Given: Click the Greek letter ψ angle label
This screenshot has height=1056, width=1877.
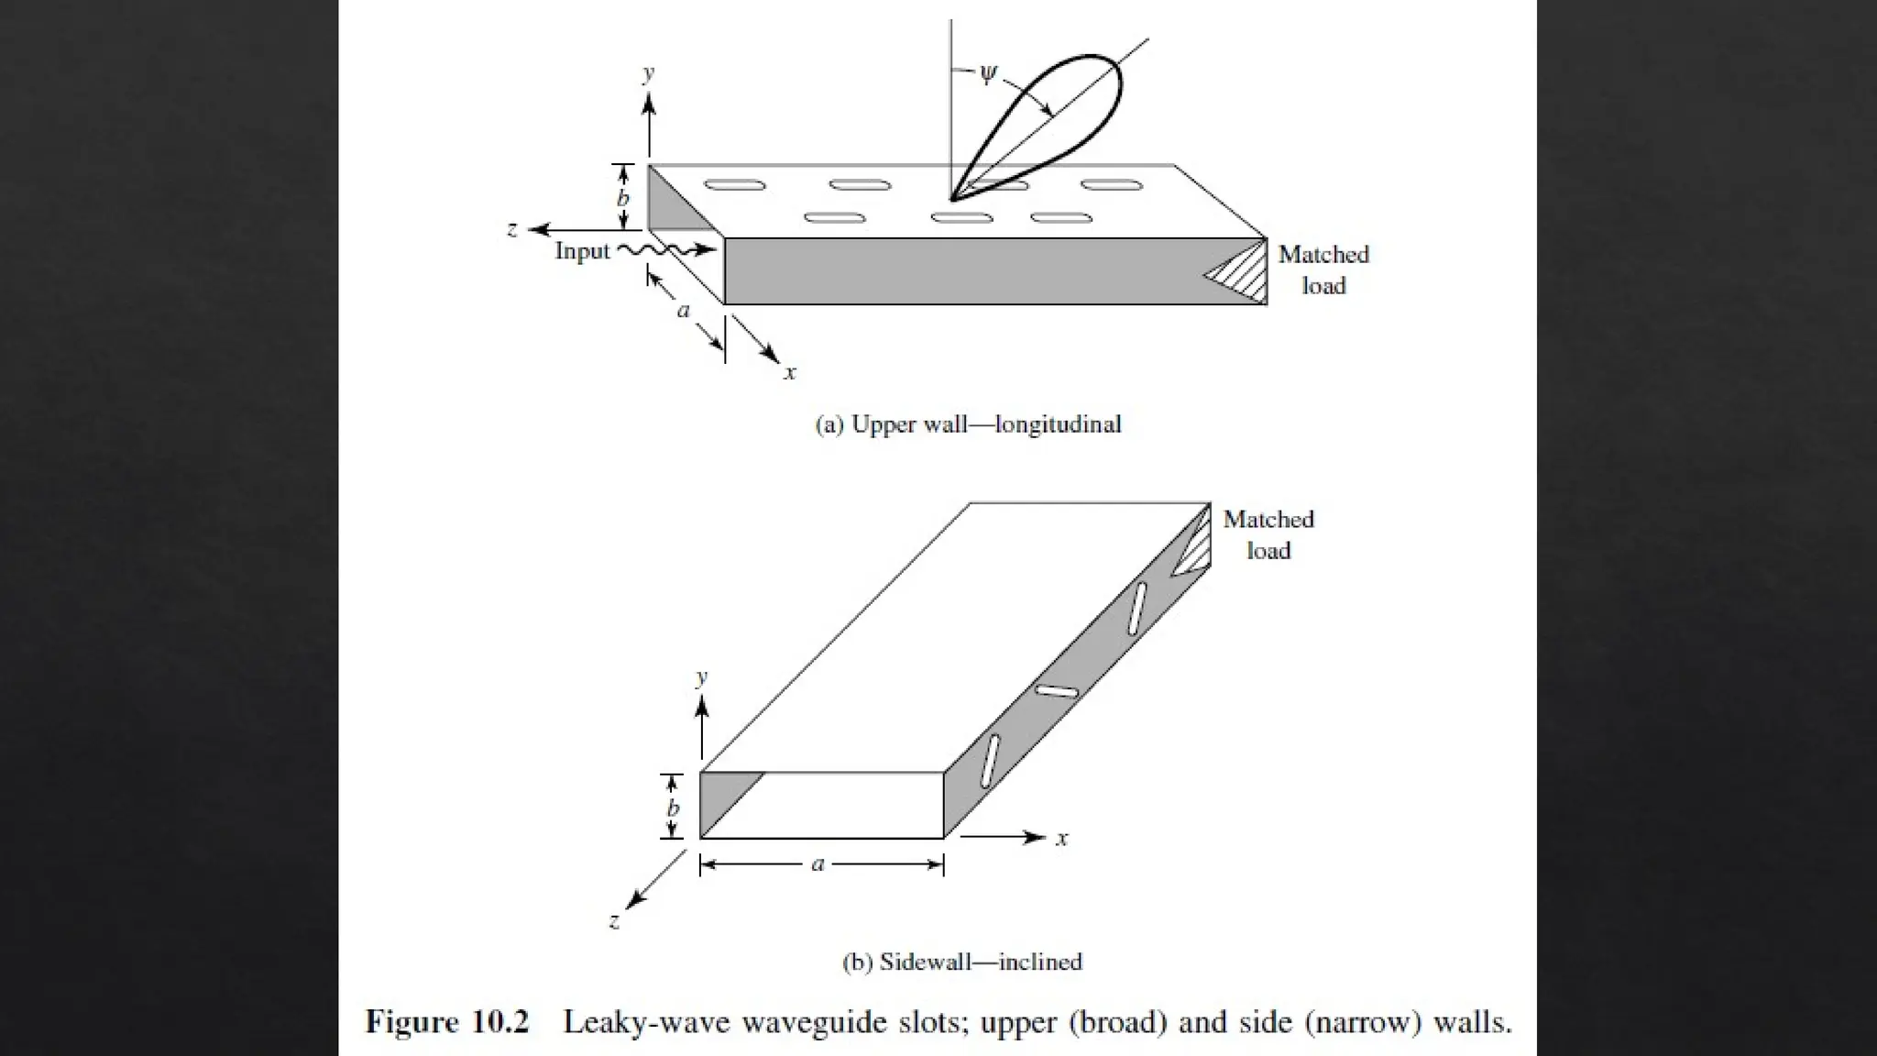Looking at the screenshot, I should coord(987,74).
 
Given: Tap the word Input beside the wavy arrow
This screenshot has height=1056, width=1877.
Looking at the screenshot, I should coord(582,251).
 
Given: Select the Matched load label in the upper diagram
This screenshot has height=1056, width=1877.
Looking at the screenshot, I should coord(1323,269).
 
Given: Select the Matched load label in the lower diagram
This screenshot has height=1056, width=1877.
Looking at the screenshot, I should coord(1268,534).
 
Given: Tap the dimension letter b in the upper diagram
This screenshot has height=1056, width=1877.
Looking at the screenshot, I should coord(623,198).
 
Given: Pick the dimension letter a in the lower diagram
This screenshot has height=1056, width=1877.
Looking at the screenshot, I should coord(818,863).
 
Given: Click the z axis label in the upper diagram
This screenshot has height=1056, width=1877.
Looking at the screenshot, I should coord(512,229).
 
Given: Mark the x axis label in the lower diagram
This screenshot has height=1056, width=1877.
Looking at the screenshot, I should coord(1061,839).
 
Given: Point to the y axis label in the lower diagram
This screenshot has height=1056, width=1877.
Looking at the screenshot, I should coord(701,677).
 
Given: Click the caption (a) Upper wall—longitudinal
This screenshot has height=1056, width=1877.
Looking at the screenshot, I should coord(968,424).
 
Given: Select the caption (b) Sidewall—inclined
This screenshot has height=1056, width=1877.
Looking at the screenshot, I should coord(961,962).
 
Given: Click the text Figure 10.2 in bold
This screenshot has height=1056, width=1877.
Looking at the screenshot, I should coord(447,1022).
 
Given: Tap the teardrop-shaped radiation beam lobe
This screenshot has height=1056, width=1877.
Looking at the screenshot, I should coord(1054,119).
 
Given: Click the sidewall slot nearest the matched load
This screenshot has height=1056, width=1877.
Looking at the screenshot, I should coord(1136,608).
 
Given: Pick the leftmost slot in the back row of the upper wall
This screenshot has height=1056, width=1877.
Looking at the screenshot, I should coord(734,185).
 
